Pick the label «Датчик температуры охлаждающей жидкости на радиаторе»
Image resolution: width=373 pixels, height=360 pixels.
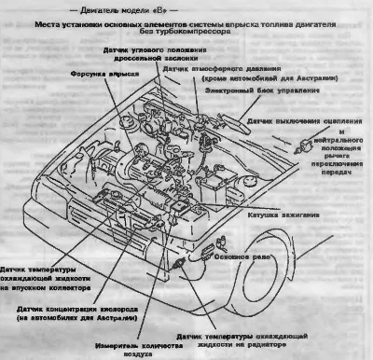point(257,338)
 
